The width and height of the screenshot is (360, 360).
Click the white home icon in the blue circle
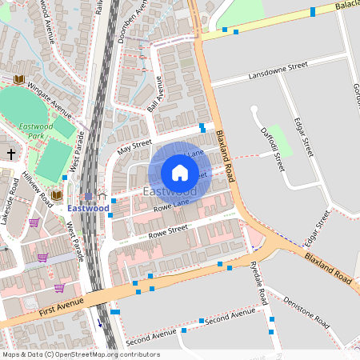tap(180, 172)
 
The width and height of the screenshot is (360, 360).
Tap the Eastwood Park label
tap(38, 130)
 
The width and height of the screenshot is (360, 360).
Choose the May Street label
tap(134, 146)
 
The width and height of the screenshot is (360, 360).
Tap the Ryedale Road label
tap(258, 284)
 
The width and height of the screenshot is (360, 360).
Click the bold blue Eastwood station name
tap(88, 208)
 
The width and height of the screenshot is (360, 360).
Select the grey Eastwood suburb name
tap(170, 192)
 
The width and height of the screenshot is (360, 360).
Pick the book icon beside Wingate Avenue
tap(18, 79)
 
